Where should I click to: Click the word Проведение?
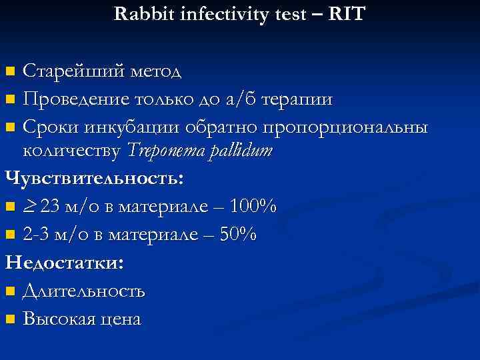coord(74,99)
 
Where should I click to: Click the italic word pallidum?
coord(240,152)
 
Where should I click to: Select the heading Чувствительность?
coord(94,179)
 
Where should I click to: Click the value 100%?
coord(253,207)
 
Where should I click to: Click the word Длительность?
coord(83,291)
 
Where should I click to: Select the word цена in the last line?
coord(117,319)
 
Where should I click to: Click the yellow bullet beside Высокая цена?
coord(9,319)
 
